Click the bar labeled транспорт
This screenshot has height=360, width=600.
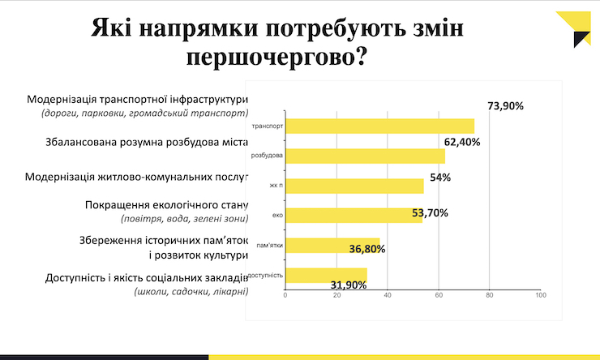click(379, 126)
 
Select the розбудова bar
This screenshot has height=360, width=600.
click(365, 156)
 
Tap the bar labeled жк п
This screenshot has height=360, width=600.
click(354, 186)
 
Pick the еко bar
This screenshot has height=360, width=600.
click(354, 215)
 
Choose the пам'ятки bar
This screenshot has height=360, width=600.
click(332, 245)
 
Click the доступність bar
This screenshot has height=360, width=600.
click(326, 275)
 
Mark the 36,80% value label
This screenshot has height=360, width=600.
click(366, 249)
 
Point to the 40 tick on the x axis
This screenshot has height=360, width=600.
click(388, 295)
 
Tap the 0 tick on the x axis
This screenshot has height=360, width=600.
click(285, 295)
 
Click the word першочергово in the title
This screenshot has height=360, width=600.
click(275, 58)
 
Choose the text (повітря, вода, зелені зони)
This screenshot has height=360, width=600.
click(183, 219)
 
